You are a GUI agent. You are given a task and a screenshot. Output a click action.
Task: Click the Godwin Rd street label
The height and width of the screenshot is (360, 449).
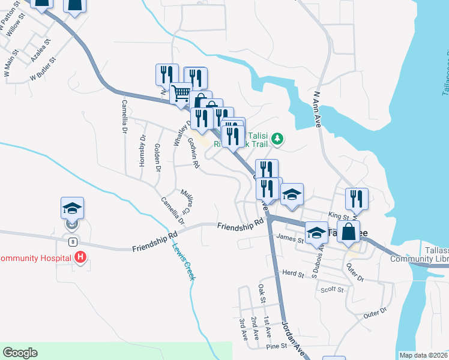pyautogui.click(x=193, y=152)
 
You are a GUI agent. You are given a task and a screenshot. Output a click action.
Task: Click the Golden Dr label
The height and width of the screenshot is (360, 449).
pyautogui.click(x=157, y=158)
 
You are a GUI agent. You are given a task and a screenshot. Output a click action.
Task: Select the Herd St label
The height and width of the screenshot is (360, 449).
pyautogui.click(x=294, y=274)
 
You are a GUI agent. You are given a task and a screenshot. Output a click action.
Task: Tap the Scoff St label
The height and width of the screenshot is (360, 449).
pyautogui.click(x=331, y=290)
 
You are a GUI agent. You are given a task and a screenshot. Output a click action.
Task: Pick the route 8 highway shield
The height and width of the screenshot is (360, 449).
pyautogui.click(x=72, y=241)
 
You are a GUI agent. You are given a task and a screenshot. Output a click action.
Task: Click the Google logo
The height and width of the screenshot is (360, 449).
pyautogui.click(x=20, y=353)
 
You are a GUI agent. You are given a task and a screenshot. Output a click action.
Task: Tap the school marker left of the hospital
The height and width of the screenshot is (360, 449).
pyautogui.click(x=72, y=208)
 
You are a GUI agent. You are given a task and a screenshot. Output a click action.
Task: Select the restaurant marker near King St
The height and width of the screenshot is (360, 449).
pyautogui.click(x=358, y=199)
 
